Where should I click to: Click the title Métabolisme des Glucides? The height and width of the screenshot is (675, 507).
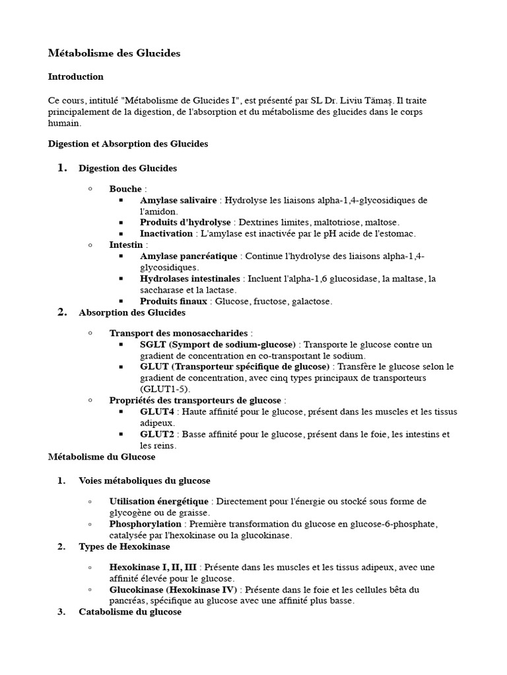point(114,53)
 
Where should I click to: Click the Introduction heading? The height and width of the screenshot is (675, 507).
point(76,76)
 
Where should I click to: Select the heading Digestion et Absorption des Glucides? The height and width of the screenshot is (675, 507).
point(128,144)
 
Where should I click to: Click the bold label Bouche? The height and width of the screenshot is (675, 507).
point(125,189)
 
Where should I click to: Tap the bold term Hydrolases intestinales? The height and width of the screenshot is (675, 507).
point(190,279)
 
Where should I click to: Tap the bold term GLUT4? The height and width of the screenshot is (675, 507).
point(156,412)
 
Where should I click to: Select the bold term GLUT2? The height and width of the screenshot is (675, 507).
point(156,434)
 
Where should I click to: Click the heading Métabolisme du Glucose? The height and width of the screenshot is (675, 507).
point(102,457)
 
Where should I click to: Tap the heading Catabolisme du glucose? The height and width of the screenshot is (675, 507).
point(130,612)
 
